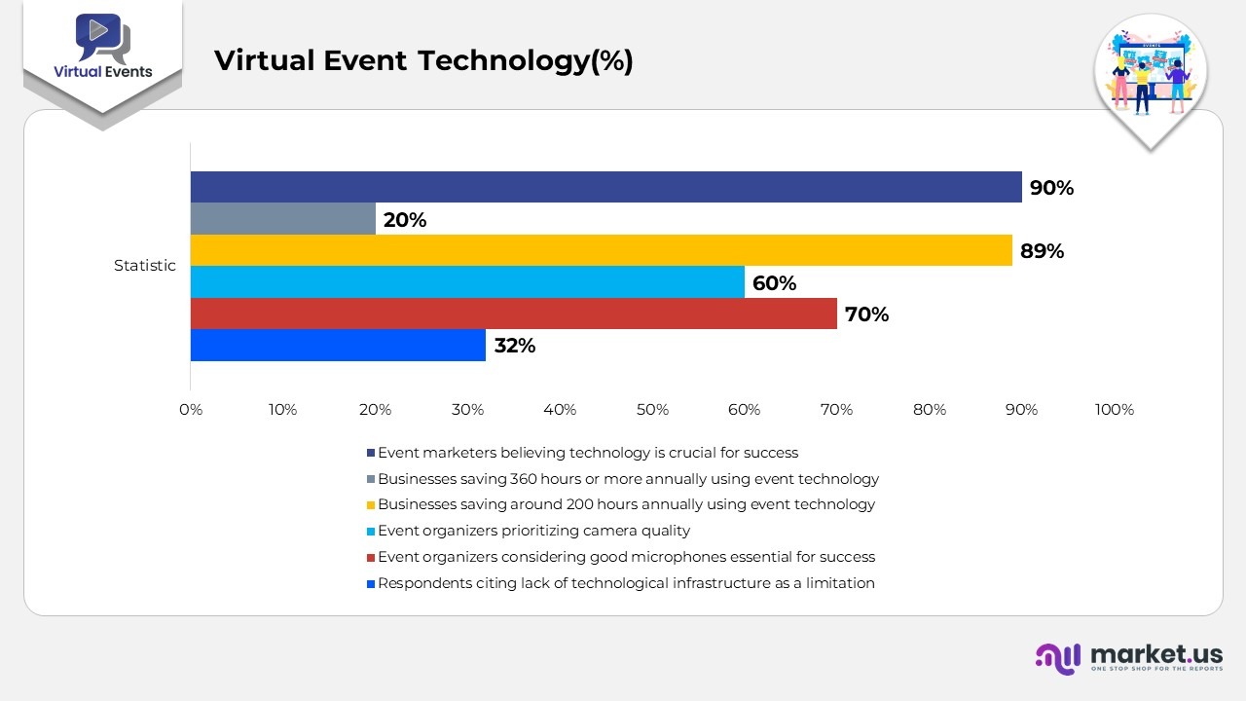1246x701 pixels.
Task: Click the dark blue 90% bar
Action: point(606,187)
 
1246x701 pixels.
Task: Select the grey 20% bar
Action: point(283,219)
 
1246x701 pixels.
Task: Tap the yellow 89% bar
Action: point(602,250)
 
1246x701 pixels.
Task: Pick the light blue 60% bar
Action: point(467,282)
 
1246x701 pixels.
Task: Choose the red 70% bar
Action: point(513,314)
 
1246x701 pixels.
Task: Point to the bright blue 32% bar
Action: point(338,345)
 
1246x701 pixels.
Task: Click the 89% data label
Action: point(1042,251)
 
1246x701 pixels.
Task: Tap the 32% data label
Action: point(515,346)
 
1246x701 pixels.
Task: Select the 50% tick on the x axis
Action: point(652,410)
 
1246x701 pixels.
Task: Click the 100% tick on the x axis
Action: point(1115,410)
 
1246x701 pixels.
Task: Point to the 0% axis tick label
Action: point(191,410)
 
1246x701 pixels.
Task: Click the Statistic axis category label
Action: point(145,266)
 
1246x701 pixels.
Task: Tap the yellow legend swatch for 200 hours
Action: point(371,505)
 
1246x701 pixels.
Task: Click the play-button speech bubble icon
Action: point(103,37)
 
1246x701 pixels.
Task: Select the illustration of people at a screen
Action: point(1151,72)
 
